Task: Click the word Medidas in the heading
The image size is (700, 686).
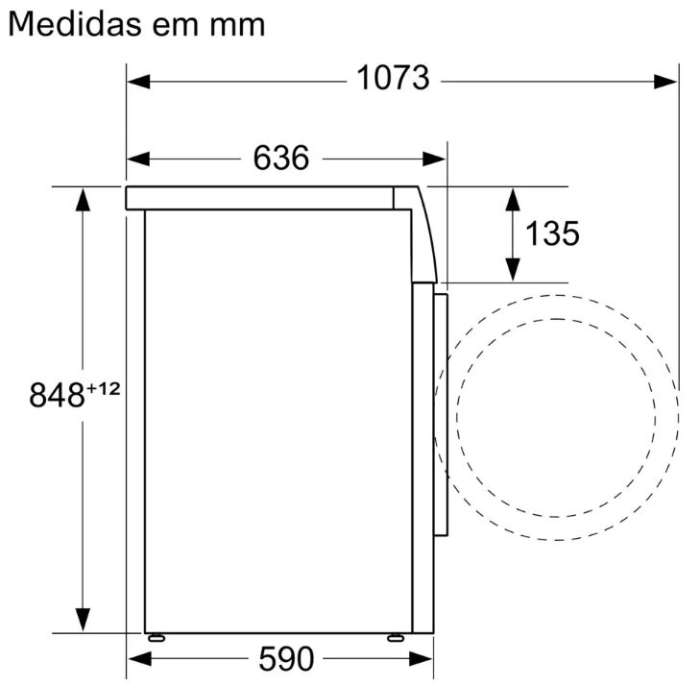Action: coord(74,24)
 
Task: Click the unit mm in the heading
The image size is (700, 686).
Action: coord(237,27)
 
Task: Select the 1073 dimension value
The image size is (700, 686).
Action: coord(393,78)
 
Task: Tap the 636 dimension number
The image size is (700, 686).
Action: coord(280,158)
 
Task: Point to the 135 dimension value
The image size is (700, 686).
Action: coord(552,233)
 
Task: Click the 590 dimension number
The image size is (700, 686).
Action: coord(286,658)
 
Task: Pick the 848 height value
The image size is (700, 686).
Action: coord(57,395)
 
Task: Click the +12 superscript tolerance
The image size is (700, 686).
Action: coord(103,389)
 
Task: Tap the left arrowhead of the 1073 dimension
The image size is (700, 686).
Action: coord(139,82)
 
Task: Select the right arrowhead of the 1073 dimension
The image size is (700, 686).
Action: coord(665,82)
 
